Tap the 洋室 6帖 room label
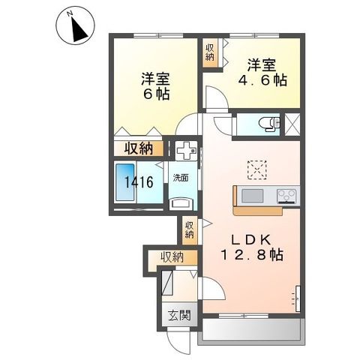click(x=155, y=85)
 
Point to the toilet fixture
click(x=266, y=124)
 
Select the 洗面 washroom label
click(x=181, y=178)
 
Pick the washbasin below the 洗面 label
click(x=181, y=202)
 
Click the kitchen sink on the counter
click(x=250, y=196)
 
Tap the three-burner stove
click(x=286, y=196)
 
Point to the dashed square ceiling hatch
click(x=257, y=169)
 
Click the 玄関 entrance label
click(x=178, y=314)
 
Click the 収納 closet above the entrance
click(x=172, y=257)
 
